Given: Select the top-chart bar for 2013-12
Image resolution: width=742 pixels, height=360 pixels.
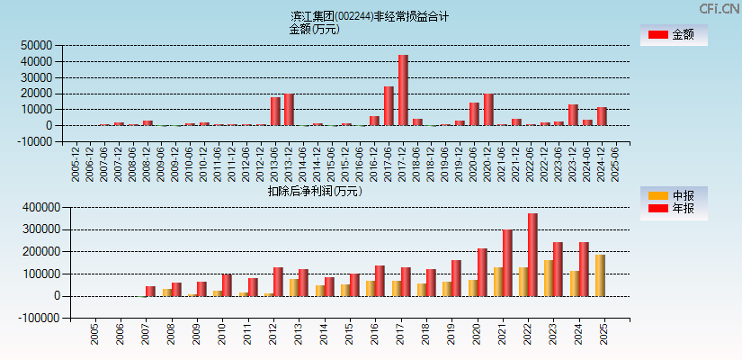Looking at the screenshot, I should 290,109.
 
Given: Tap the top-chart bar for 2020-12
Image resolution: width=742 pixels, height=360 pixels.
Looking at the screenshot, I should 488,109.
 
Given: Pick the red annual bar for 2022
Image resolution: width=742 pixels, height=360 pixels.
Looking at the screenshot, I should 532,254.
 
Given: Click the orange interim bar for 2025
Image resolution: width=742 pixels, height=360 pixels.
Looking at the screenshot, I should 600,274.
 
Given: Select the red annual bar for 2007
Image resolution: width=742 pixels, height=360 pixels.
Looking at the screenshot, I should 150,291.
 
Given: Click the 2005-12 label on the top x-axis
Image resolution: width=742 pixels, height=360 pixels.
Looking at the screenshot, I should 76,164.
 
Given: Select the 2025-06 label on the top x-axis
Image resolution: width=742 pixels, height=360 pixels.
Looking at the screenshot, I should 615,164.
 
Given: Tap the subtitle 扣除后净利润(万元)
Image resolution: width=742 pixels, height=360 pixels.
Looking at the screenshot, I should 315,191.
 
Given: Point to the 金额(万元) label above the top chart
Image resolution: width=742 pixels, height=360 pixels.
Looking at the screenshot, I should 314,29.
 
